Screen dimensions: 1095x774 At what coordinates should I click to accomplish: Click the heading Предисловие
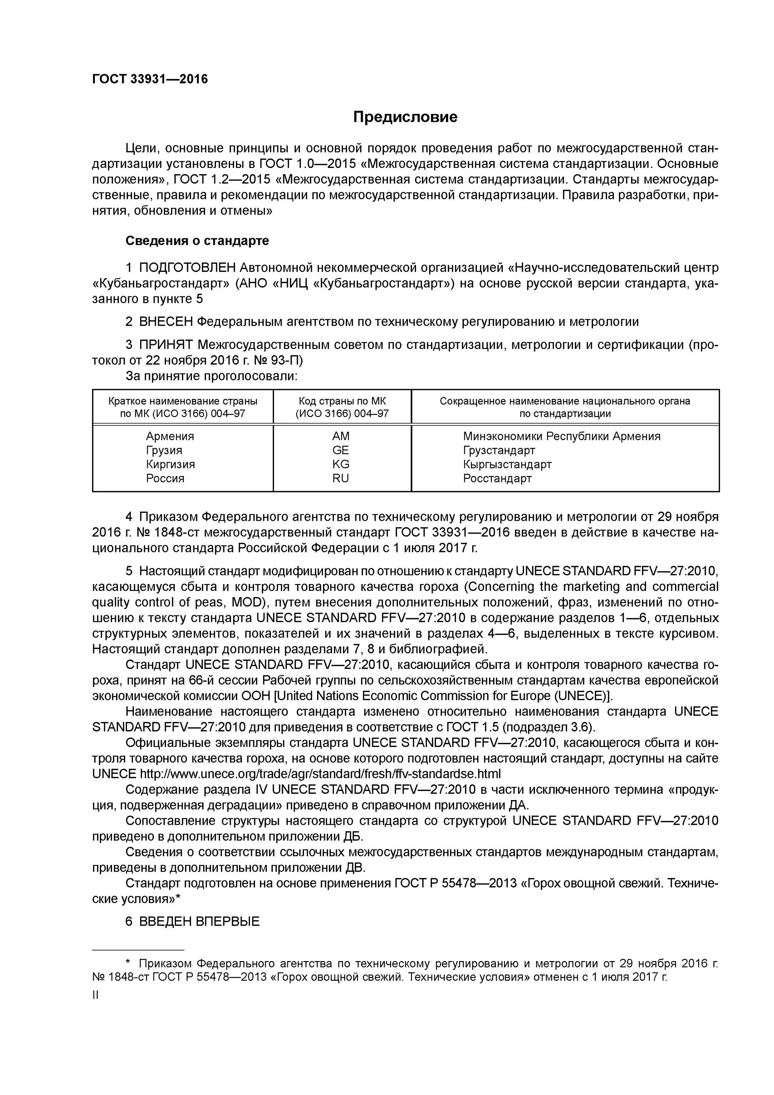tap(405, 117)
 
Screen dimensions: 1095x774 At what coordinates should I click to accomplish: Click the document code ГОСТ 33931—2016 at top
tap(150, 79)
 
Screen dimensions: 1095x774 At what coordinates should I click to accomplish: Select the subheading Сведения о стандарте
tap(197, 241)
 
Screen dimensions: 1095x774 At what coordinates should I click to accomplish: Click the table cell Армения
tap(170, 437)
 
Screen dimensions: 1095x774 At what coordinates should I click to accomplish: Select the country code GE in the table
tap(340, 450)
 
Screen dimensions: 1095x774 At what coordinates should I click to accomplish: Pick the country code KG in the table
tap(340, 464)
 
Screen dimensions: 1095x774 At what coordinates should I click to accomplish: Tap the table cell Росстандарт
tap(497, 479)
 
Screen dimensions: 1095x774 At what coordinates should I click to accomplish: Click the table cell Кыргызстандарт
tap(507, 464)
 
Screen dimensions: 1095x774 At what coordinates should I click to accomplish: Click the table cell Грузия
tap(164, 450)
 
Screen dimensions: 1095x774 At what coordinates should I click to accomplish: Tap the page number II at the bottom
tap(95, 995)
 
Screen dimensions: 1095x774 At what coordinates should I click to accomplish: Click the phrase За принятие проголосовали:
tap(211, 376)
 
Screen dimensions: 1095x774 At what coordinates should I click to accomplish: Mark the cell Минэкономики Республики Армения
tap(561, 437)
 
